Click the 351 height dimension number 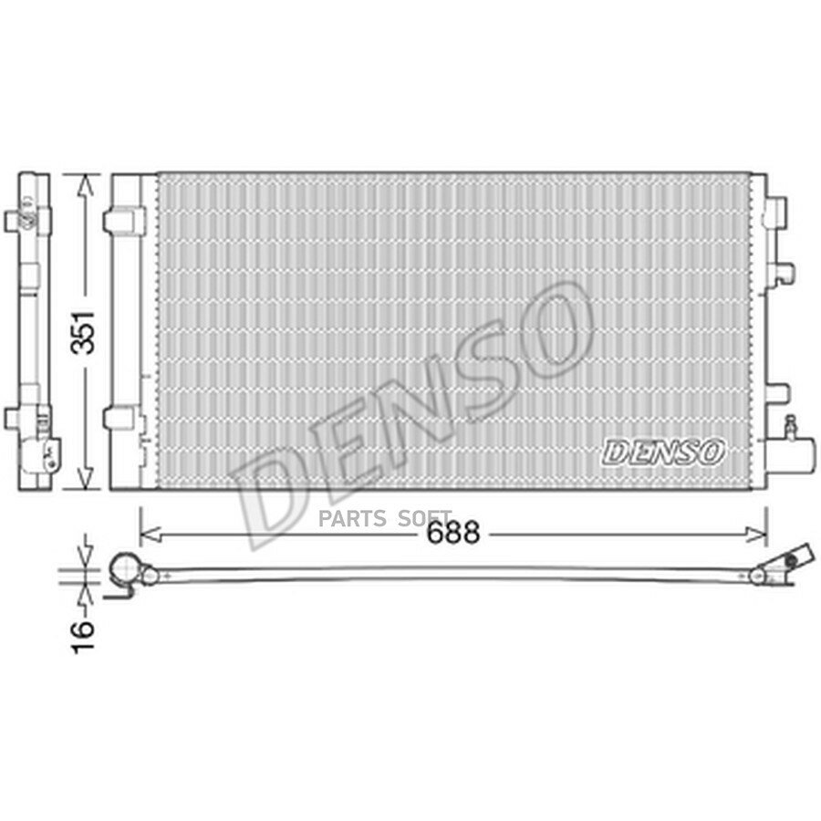point(83,332)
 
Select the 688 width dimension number point(452,533)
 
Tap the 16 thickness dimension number point(83,637)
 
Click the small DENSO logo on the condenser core point(663,452)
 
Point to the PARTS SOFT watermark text point(385,518)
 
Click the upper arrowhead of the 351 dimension point(86,185)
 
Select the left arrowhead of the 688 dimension point(151,535)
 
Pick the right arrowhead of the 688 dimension point(756,535)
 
